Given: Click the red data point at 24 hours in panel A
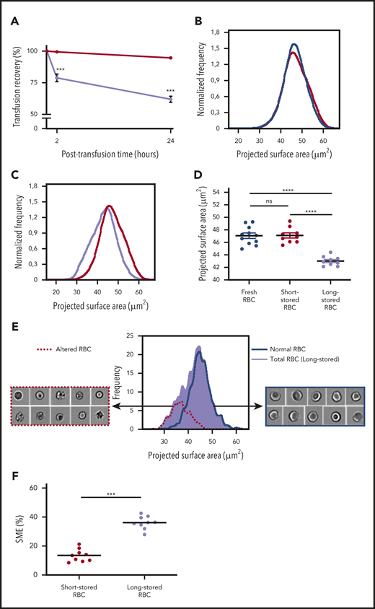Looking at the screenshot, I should pos(170,58).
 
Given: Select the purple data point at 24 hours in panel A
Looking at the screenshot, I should pos(170,99).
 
